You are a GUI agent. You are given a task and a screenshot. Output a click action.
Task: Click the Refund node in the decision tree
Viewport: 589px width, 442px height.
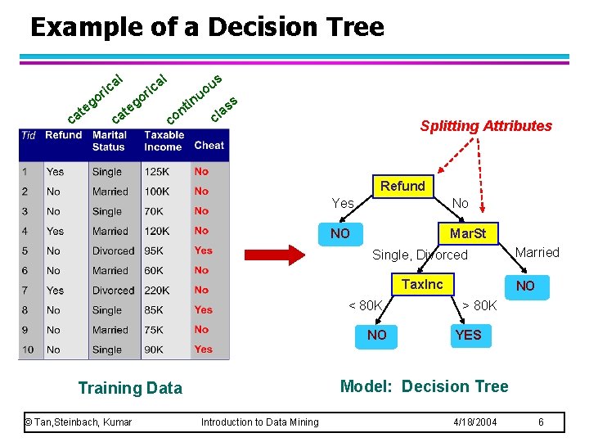click(x=402, y=186)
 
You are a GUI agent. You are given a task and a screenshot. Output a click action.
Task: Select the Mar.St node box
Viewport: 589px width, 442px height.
click(x=467, y=233)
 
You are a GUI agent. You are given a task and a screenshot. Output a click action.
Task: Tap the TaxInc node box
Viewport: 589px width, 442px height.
click(x=422, y=284)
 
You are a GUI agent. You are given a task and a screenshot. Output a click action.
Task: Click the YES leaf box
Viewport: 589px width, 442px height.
click(x=468, y=335)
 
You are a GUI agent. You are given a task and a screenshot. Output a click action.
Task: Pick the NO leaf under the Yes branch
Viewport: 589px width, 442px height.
click(x=340, y=233)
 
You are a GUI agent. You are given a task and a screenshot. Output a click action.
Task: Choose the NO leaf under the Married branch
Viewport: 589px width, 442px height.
click(x=524, y=286)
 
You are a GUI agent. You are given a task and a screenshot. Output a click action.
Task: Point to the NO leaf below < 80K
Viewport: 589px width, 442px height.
click(x=377, y=335)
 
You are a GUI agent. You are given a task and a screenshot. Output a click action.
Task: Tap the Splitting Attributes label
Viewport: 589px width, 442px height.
click(x=486, y=126)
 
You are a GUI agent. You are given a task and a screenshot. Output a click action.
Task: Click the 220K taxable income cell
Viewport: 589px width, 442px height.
click(x=157, y=291)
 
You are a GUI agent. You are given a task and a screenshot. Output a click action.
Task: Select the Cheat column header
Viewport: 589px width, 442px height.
click(x=209, y=145)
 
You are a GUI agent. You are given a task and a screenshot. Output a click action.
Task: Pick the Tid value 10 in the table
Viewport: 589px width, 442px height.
click(x=29, y=350)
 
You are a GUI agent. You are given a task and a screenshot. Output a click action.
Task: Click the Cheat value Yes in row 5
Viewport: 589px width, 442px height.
click(x=203, y=250)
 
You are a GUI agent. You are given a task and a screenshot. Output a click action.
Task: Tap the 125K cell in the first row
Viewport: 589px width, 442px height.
click(x=157, y=172)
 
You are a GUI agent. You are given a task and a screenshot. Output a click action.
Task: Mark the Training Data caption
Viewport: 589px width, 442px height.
click(x=130, y=388)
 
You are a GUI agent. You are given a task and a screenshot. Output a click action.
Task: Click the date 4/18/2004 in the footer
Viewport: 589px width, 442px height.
click(x=475, y=422)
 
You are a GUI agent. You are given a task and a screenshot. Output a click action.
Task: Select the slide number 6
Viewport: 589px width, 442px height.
click(x=541, y=422)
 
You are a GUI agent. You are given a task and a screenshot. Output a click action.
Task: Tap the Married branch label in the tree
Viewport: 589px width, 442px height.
click(x=537, y=252)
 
